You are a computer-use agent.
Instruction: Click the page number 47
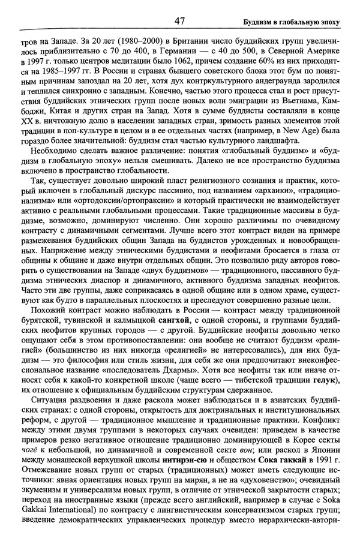[179, 21]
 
